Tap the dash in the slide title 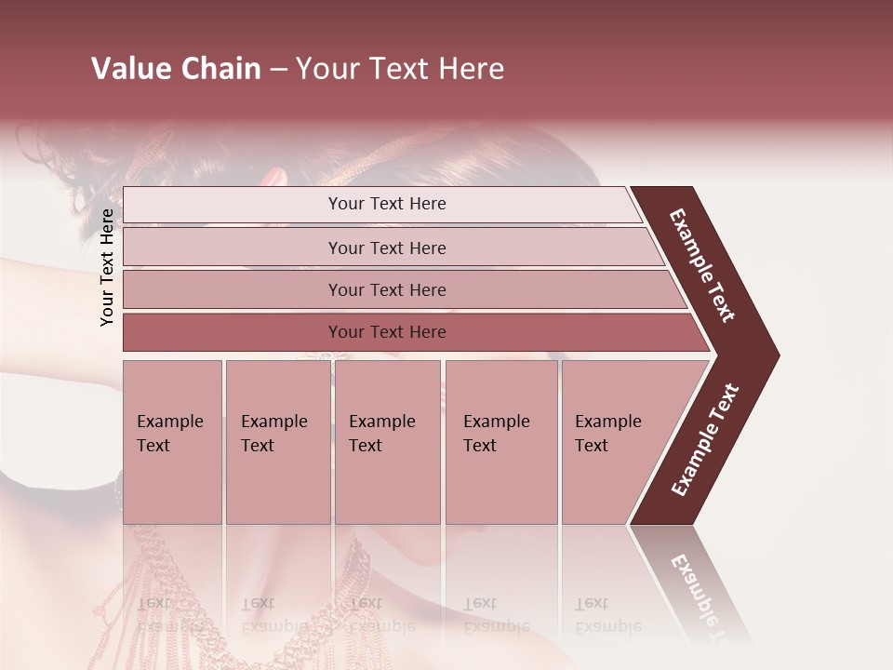point(278,70)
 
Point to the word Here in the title point(471,69)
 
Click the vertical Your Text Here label point(107,267)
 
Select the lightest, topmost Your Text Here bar point(385,205)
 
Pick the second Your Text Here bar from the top point(387,248)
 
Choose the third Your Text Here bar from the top point(387,290)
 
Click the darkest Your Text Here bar point(387,332)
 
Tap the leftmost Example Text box point(172,441)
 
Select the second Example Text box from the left point(277,441)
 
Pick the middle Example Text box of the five point(387,441)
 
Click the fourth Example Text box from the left point(500,441)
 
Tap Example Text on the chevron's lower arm point(705,439)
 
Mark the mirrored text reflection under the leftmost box point(170,614)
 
